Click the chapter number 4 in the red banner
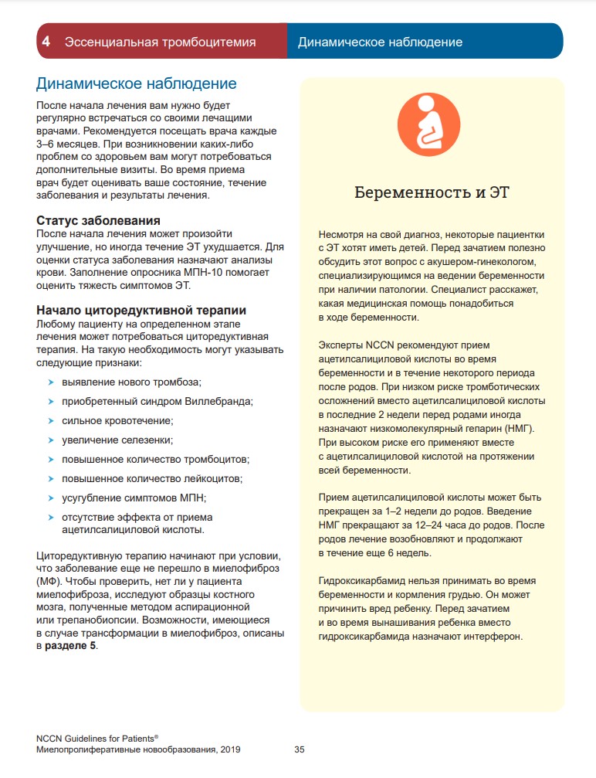47,42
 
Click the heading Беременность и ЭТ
432,192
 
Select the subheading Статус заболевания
99,220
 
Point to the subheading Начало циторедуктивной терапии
141,310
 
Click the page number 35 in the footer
300,749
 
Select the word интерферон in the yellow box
494,637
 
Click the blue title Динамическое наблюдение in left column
137,83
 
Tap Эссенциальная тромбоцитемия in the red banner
160,42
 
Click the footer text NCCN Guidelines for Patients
96,739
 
